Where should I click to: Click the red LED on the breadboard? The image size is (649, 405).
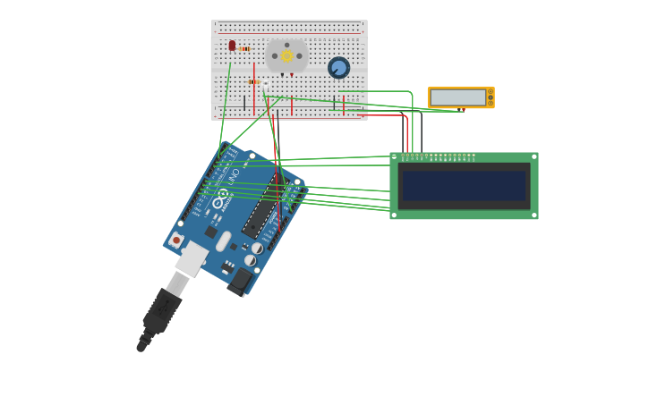coord(232,45)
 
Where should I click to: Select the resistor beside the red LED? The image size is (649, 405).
coord(244,49)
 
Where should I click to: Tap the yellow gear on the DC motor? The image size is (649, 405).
coord(287,56)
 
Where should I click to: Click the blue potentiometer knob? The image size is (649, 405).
coord(338,68)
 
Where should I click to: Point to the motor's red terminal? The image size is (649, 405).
coord(291,75)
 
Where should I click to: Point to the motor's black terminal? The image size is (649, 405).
coord(282,75)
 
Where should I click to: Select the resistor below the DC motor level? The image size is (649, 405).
coord(253,81)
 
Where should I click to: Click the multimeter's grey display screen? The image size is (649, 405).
coord(457,97)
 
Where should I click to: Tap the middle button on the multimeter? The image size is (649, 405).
coord(490,97)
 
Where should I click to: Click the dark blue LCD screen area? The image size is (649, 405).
coord(464,186)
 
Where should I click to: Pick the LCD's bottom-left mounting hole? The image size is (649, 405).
coord(394,215)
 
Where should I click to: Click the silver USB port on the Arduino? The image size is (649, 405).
coord(191,260)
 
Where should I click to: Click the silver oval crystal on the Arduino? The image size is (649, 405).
coord(224,241)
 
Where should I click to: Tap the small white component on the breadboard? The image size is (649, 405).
coord(265,85)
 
